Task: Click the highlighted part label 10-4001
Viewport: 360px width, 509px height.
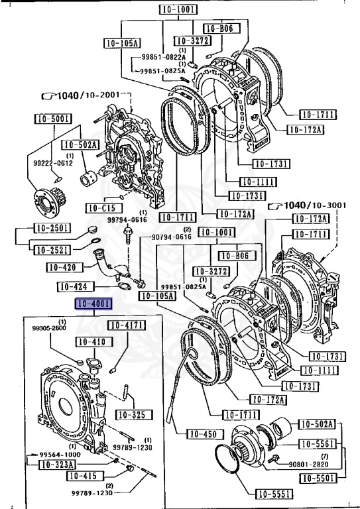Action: click(93, 305)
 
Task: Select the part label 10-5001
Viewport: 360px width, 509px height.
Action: click(53, 119)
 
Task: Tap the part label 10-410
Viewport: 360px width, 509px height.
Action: click(91, 342)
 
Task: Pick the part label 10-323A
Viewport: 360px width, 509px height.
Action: click(56, 465)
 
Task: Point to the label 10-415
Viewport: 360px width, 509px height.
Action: click(84, 477)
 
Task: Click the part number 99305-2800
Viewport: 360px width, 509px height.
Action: click(49, 327)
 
